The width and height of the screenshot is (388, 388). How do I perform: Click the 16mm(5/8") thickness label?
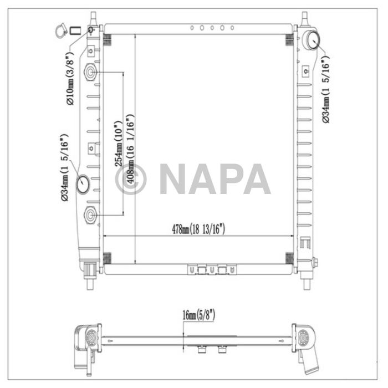click(198, 316)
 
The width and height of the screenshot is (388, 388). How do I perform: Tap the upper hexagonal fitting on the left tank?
click(91, 72)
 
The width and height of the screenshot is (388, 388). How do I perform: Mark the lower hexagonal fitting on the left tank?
click(91, 215)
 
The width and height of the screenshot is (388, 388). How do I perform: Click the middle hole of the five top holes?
click(211, 27)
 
